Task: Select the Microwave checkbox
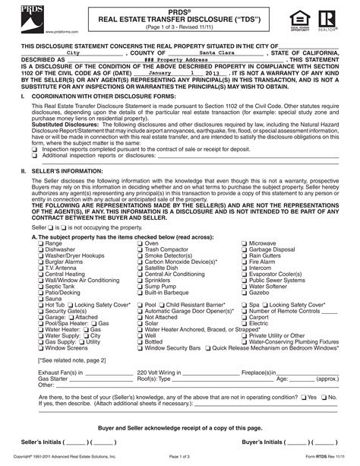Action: click(x=245, y=243)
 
